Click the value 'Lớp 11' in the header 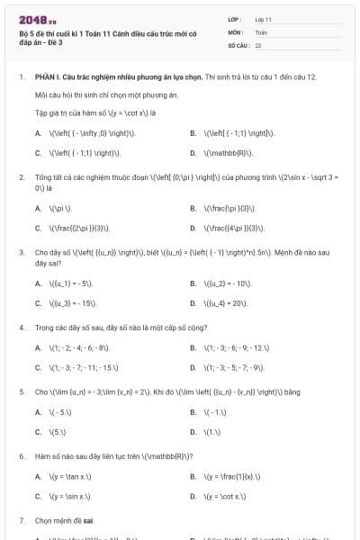pos(263,18)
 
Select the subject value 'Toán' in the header pos(261,31)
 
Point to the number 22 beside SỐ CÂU pos(258,44)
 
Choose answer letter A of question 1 pos(38,132)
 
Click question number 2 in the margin pos(21,177)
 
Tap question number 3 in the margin pos(21,253)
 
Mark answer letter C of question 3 pos(38,303)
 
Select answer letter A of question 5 pos(38,412)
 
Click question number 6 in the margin pos(21,456)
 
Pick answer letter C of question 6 pos(38,496)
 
